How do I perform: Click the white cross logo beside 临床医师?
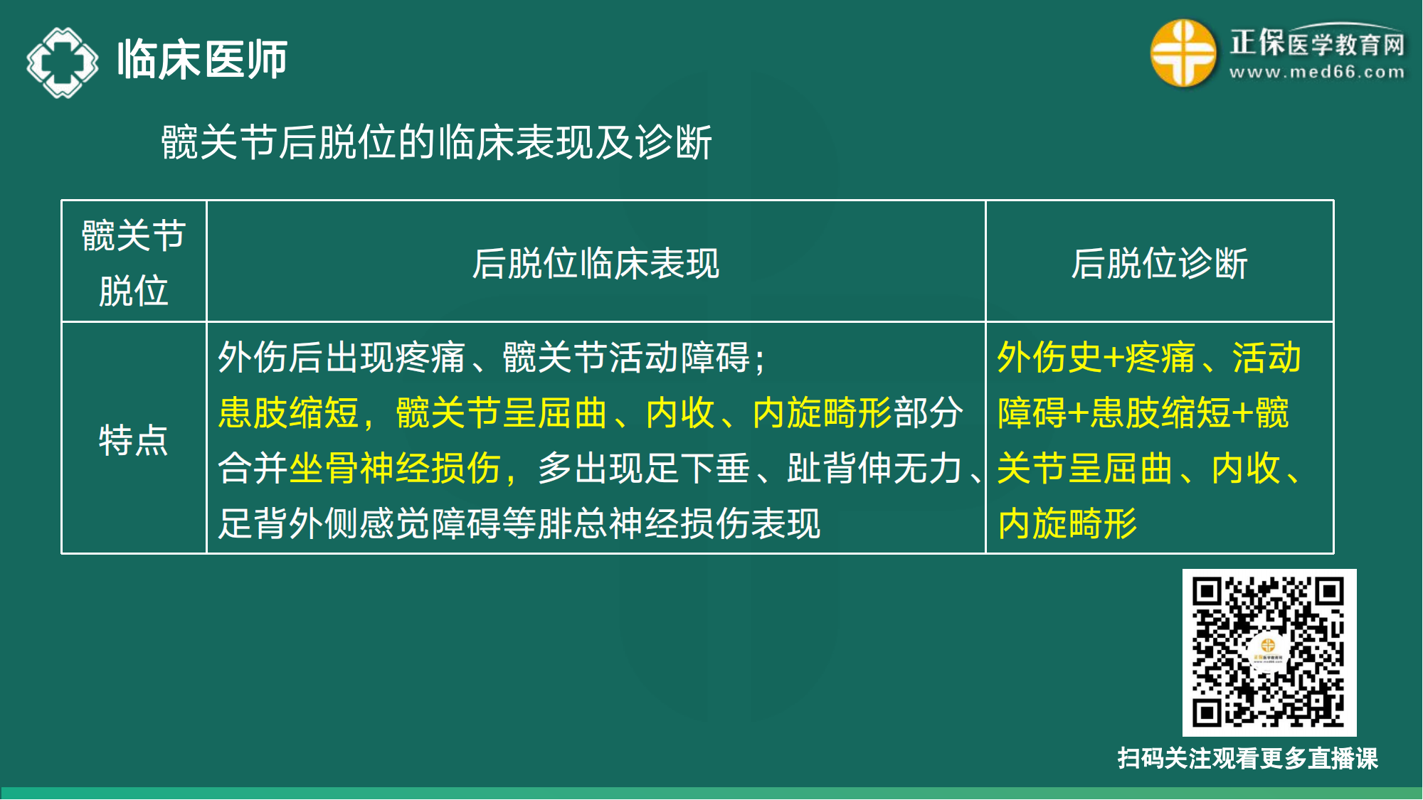[x=63, y=63]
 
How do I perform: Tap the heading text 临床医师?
[x=202, y=60]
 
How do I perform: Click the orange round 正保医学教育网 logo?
[x=1183, y=53]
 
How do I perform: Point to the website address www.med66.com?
[x=1317, y=73]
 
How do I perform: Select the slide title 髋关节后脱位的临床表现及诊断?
[x=436, y=142]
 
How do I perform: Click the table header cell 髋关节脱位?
[x=134, y=262]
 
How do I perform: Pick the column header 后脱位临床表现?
[x=596, y=263]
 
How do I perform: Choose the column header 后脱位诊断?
[x=1159, y=263]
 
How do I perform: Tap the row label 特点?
[x=134, y=439]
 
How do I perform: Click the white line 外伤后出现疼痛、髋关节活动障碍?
[x=491, y=357]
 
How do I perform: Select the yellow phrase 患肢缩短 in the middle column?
[x=288, y=413]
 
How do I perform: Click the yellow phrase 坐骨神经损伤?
[x=395, y=469]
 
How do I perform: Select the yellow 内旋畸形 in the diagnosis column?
[x=1067, y=524]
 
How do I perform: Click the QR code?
[x=1269, y=652]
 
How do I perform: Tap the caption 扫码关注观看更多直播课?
[x=1247, y=758]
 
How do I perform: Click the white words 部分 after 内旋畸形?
[x=928, y=413]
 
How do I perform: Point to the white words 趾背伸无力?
[x=874, y=469]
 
